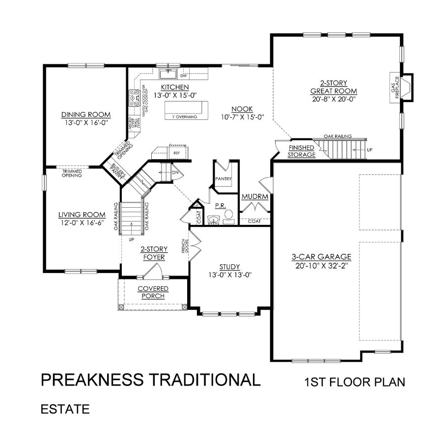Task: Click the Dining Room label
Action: point(86,114)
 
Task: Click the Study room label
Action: point(229,267)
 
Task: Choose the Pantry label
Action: point(223,179)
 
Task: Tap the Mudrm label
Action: point(254,196)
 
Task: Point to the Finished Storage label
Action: point(302,151)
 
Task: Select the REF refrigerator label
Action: point(176,153)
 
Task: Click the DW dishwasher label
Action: point(183,76)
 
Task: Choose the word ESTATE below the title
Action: point(65,409)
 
